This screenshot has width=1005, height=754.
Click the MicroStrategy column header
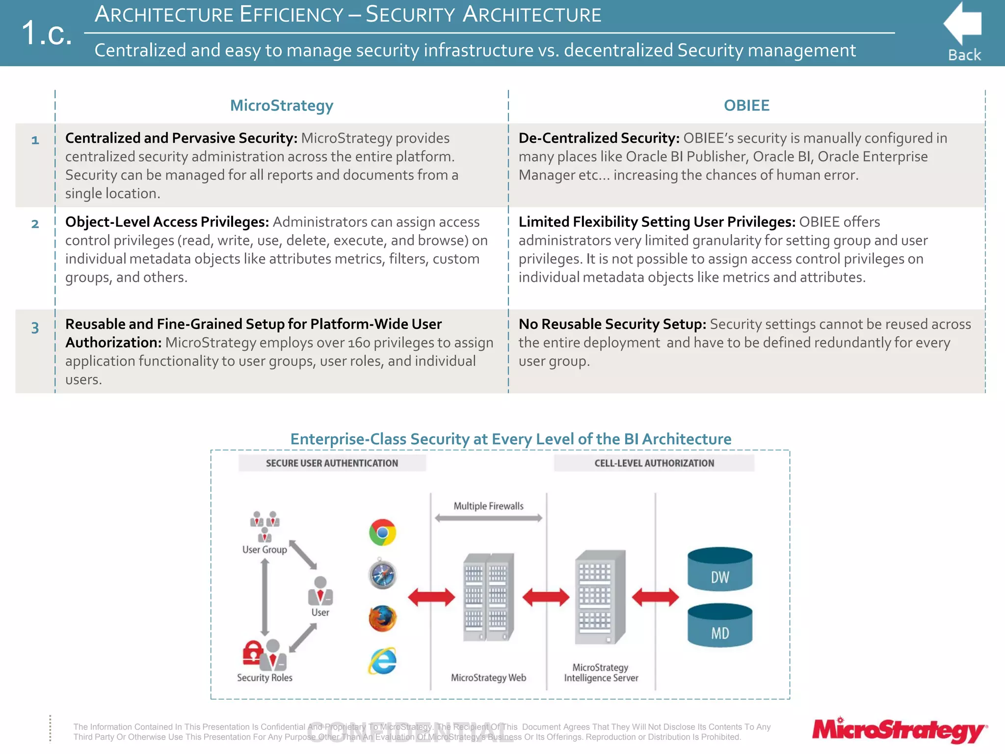282,106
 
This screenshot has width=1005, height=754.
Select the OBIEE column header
746,106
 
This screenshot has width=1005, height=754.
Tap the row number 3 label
35,328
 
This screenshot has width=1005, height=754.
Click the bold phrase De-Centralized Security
598,138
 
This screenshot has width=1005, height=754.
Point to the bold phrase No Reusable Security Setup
612,324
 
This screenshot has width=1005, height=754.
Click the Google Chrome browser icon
383,533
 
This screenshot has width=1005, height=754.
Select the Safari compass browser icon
382,575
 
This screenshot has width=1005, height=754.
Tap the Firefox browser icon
382,619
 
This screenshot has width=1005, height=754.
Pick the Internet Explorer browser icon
382,661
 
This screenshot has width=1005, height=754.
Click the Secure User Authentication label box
332,463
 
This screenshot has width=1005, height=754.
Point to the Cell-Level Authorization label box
654,463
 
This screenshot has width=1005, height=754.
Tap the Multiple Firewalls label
488,506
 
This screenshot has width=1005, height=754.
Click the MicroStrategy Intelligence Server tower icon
600,597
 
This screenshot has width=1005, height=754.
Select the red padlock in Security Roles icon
252,652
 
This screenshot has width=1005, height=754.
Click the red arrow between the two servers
546,597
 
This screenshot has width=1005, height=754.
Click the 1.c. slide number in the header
47,33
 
